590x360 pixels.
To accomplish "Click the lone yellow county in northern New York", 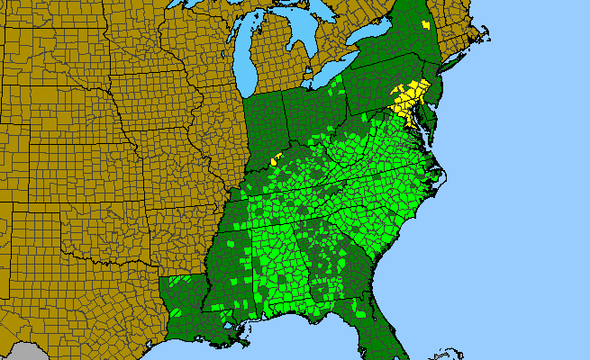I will click(425, 25).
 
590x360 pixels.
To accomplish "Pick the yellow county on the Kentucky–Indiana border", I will click(277, 157).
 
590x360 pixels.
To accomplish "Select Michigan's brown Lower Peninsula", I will click(276, 58).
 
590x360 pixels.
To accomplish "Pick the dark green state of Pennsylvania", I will click(378, 85).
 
